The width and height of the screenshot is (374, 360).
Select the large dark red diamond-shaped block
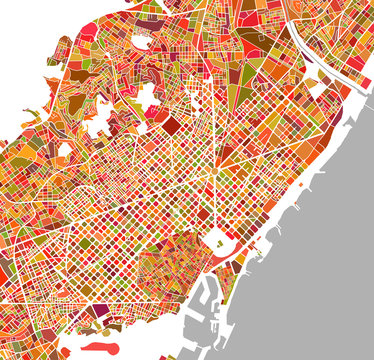(172, 125)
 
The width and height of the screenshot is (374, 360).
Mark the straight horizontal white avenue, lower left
(60, 300)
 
